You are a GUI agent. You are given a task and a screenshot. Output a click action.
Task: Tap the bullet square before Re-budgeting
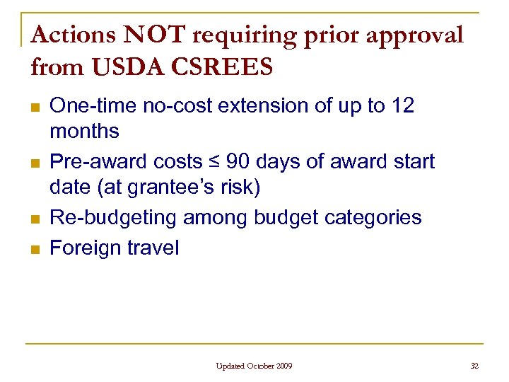[x=35, y=219]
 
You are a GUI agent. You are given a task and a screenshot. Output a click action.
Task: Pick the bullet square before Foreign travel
[x=35, y=249]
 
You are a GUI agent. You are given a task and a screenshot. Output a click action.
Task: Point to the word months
[x=84, y=131]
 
